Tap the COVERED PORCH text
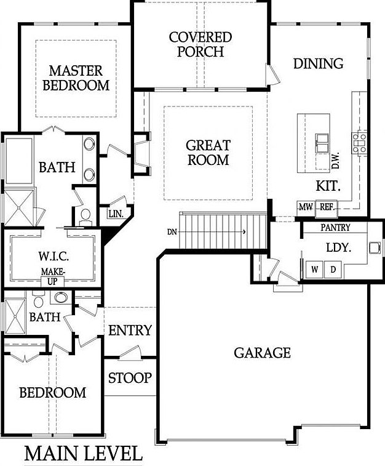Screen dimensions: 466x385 (x=200, y=44)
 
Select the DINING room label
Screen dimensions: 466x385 (x=318, y=64)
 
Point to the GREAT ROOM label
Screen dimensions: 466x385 (x=208, y=153)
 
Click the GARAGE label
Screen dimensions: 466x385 (x=262, y=353)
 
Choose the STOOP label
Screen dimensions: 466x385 (x=130, y=377)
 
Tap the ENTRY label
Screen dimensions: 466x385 (x=130, y=331)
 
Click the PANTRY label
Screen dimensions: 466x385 (x=336, y=228)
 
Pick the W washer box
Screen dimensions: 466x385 (x=315, y=269)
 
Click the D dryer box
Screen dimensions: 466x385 (x=333, y=269)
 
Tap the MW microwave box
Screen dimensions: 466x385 (x=306, y=207)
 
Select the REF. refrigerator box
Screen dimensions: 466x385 (x=327, y=207)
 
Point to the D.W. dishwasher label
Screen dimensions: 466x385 (x=336, y=161)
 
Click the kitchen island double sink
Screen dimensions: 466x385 (x=322, y=142)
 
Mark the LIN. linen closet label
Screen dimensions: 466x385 (x=116, y=214)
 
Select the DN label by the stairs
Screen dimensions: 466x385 (x=172, y=232)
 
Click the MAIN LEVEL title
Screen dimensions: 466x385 (x=83, y=454)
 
